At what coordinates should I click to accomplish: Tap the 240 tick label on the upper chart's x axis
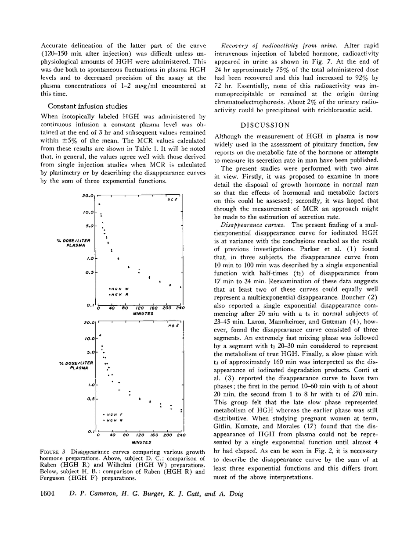pyautogui.click(x=180, y=308)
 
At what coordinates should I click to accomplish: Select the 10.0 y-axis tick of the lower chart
pyautogui.click(x=89, y=339)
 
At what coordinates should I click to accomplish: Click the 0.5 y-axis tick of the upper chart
pyautogui.click(x=90, y=273)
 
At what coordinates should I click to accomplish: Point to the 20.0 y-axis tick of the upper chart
pyautogui.click(x=89, y=196)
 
